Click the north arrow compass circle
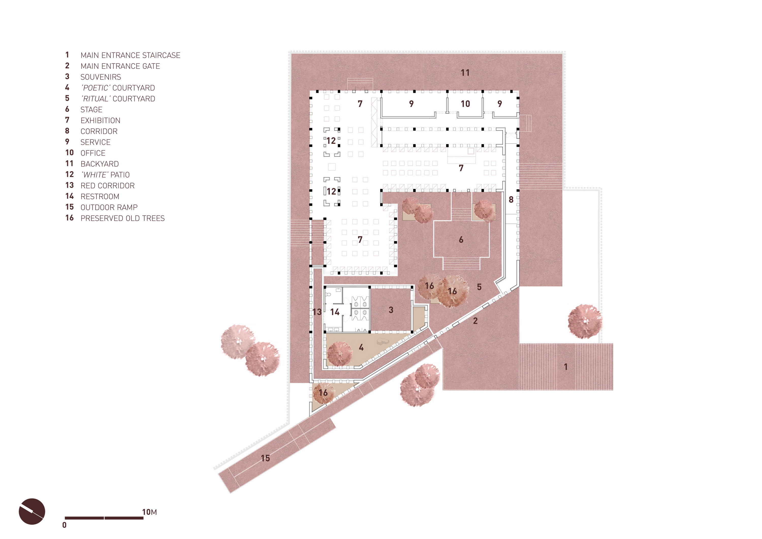point(32,512)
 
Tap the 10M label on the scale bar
point(149,512)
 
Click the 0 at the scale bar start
point(64,525)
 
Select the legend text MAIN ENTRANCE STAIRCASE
point(131,55)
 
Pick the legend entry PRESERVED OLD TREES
point(122,218)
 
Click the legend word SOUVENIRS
point(101,77)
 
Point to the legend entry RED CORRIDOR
point(107,186)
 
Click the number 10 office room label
point(465,104)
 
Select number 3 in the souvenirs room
point(391,310)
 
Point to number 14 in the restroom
point(335,312)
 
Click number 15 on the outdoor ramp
point(265,458)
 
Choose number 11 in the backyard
point(465,73)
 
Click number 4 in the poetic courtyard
point(361,347)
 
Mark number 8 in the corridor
point(511,199)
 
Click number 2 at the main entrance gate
point(475,320)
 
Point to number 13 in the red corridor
point(317,312)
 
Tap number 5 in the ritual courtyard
point(479,287)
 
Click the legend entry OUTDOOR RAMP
point(109,207)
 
